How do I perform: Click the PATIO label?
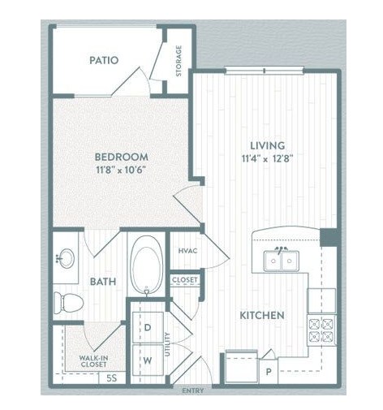tap(104, 60)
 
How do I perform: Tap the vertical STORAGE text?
tap(179, 61)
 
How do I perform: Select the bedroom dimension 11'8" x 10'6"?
tap(121, 170)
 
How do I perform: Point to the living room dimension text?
tap(267, 158)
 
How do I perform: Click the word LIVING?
tap(267, 145)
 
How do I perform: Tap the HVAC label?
tap(187, 251)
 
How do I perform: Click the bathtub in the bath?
tap(147, 265)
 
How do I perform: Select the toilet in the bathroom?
tap(68, 302)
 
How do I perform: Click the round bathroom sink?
tap(67, 258)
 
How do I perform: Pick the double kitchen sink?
tap(282, 261)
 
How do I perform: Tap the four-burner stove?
tap(321, 330)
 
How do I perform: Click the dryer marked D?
tap(148, 327)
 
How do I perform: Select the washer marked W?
tap(148, 360)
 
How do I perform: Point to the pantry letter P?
tap(269, 372)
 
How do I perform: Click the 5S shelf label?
tap(112, 378)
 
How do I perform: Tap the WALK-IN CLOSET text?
tap(93, 361)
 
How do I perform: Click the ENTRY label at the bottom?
tap(193, 391)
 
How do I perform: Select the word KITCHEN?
tap(262, 315)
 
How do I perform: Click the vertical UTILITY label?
tap(167, 344)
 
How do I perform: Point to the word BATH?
tap(103, 282)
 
